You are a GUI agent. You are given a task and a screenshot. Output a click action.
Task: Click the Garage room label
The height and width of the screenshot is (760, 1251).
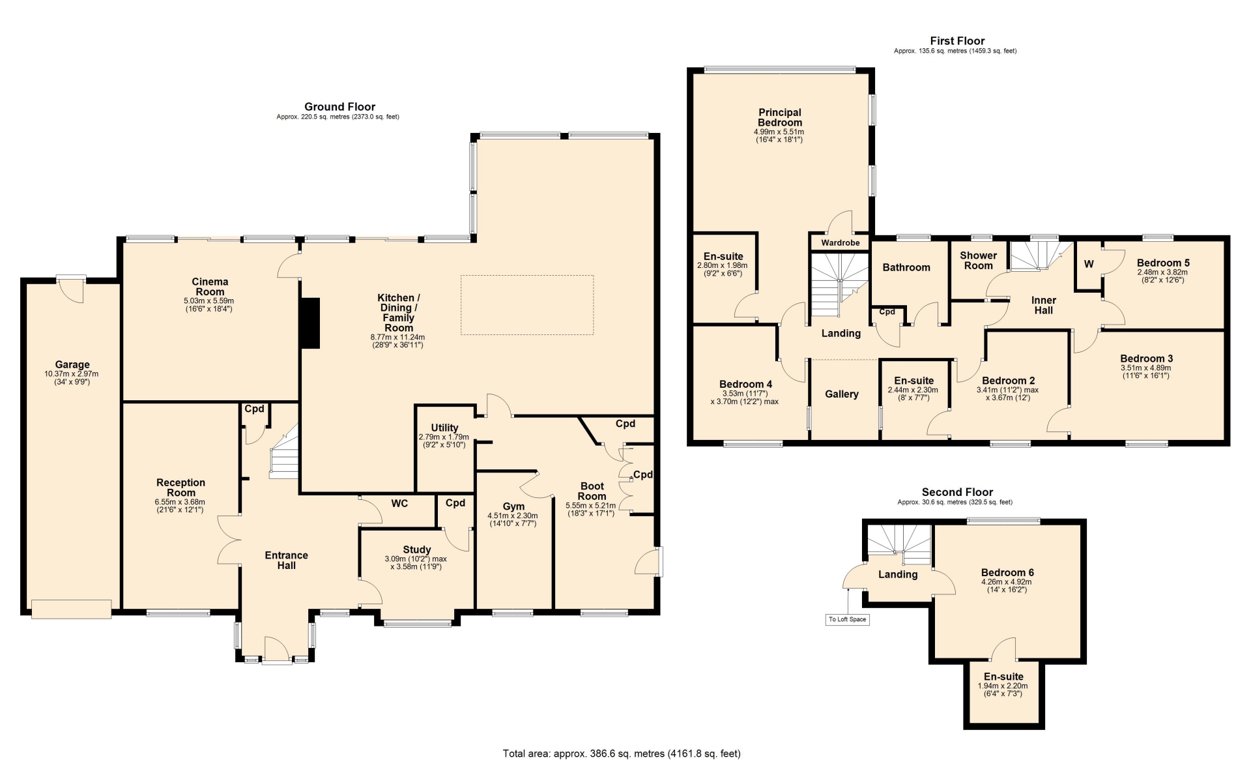72,365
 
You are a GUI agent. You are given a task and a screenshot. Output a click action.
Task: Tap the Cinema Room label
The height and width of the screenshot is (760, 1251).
210,287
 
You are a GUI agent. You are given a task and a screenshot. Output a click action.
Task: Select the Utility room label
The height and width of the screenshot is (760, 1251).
444,428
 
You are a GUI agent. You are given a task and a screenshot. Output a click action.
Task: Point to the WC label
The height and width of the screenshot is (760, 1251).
399,503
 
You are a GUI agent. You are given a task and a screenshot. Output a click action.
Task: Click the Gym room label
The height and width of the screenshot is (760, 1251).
513,506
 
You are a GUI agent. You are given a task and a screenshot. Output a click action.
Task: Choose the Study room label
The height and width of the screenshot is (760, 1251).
416,549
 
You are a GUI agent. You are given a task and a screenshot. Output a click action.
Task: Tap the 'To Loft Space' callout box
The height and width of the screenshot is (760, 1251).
847,619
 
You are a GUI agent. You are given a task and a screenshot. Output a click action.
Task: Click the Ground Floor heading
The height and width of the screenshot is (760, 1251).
339,107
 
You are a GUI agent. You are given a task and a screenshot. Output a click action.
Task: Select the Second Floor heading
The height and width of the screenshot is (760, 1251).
957,492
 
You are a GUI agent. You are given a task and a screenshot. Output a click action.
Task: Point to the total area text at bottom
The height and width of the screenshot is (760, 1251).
622,753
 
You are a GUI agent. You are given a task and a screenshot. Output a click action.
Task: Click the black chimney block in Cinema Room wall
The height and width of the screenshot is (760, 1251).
309,323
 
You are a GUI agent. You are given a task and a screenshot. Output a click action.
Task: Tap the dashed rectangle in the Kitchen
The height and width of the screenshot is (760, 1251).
527,305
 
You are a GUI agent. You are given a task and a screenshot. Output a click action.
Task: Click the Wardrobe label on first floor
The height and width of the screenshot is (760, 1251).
840,242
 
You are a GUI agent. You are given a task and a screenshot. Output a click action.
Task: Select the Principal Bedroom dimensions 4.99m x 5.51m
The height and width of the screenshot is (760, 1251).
779,132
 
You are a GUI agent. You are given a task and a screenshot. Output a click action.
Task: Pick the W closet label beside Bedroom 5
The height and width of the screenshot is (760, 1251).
1089,264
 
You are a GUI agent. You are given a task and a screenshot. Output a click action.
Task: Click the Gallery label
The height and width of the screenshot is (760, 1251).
841,394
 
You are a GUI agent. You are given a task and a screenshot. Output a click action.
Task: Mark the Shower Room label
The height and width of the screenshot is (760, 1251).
978,261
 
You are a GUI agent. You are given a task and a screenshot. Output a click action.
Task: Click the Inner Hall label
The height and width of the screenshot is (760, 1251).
1043,305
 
